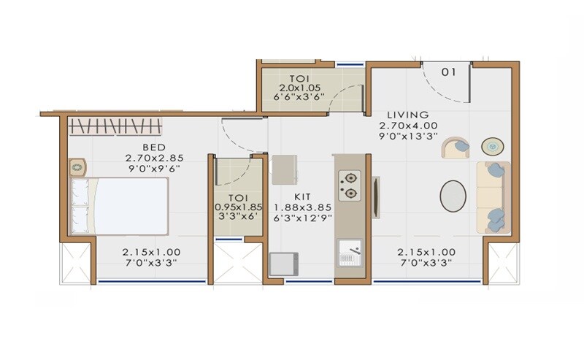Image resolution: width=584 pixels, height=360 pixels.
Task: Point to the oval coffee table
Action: (453, 196)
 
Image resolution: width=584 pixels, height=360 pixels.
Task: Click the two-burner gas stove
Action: (350, 185)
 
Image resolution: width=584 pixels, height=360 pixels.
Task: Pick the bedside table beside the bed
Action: (77, 167)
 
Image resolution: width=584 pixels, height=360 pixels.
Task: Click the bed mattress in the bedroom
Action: (131, 206)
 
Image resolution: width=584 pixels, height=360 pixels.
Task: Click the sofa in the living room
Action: (493, 197)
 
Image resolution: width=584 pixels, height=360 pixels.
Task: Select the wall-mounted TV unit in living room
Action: (376, 196)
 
